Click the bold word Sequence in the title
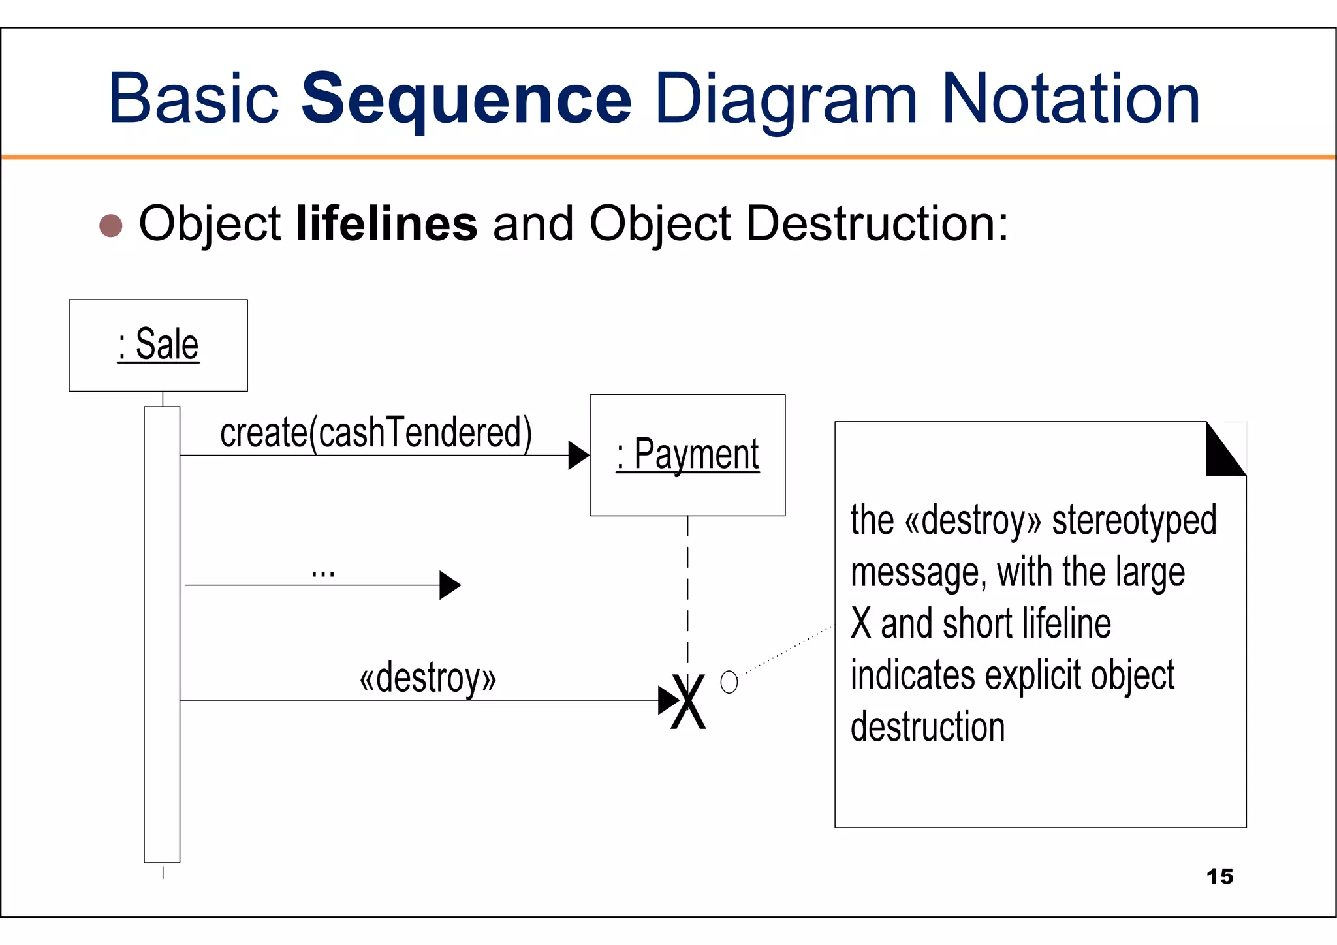point(466,99)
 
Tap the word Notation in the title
point(1071,99)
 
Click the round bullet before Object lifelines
point(111,225)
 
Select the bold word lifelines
point(386,224)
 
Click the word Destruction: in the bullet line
point(877,224)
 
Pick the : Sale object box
point(158,345)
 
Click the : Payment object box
point(687,455)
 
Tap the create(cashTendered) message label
point(376,433)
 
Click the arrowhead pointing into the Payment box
point(578,456)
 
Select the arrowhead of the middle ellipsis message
point(449,585)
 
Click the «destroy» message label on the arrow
point(428,677)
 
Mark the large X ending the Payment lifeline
point(688,702)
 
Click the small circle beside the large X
point(729,682)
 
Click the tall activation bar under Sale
point(162,633)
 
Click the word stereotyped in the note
point(1134,520)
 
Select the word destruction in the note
point(927,727)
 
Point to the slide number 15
point(1219,876)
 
